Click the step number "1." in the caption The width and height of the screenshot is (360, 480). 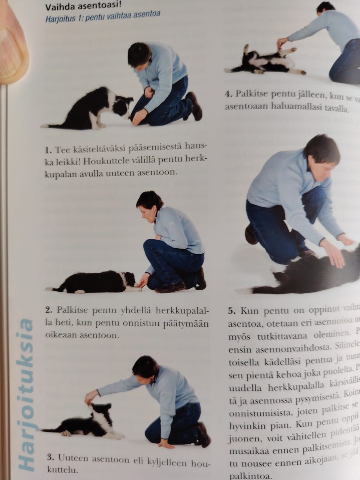point(48,151)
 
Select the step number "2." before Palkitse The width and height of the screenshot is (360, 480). point(48,310)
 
